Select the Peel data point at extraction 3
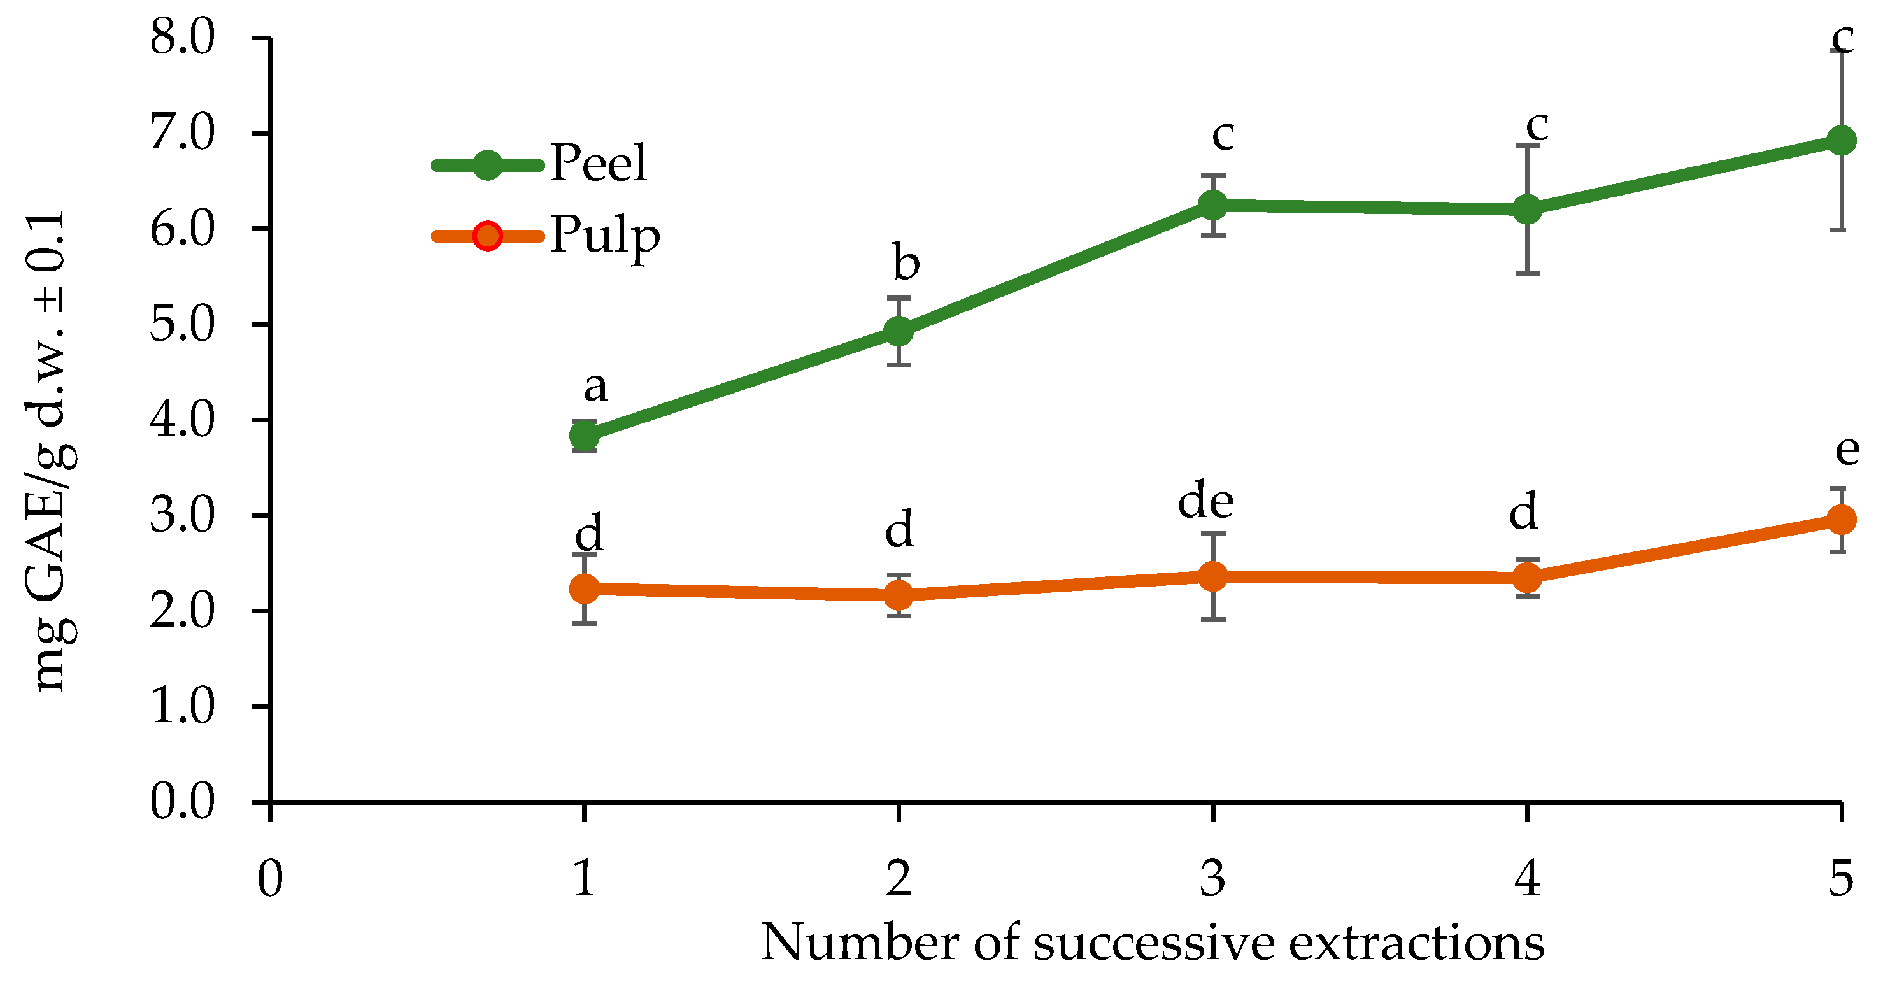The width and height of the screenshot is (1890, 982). [x=1213, y=205]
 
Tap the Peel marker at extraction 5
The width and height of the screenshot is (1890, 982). [x=1841, y=140]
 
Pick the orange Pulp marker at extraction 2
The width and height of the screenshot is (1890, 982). [x=899, y=594]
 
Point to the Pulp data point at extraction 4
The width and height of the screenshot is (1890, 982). [x=1527, y=578]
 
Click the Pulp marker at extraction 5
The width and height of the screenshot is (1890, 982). [x=1841, y=520]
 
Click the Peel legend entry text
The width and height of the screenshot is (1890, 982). [x=599, y=163]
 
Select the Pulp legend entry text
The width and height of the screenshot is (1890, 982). [x=604, y=235]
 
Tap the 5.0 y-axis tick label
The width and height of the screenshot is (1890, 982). [x=182, y=324]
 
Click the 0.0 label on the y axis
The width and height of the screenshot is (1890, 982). [x=182, y=801]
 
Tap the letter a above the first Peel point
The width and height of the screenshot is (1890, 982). [x=595, y=386]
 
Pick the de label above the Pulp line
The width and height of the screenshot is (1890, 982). [x=1205, y=502]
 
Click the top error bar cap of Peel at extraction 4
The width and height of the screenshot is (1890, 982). [x=1527, y=145]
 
